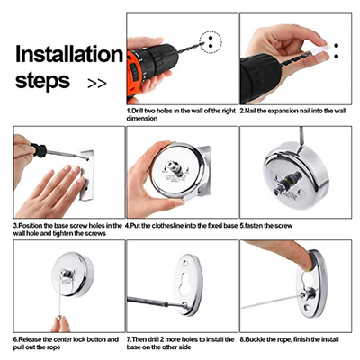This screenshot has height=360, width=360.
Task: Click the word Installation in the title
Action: click(x=69, y=54)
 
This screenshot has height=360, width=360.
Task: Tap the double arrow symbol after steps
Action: click(x=97, y=83)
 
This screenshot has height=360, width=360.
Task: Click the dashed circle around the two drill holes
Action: click(x=211, y=42)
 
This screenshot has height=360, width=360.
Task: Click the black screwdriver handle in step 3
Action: click(x=39, y=150)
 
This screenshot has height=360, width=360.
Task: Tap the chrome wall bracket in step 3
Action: click(x=86, y=175)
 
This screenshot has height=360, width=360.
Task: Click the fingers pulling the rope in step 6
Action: click(x=60, y=323)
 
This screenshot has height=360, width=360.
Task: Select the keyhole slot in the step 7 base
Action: click(x=185, y=283)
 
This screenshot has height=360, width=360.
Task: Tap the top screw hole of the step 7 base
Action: click(x=186, y=262)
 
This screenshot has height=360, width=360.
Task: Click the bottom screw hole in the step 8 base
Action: click(x=306, y=308)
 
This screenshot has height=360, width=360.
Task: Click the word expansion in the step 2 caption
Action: click(x=283, y=111)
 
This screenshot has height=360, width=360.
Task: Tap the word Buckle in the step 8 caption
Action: click(x=255, y=339)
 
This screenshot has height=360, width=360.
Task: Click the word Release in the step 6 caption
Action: click(x=30, y=339)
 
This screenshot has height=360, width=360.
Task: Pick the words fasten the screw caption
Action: click(x=268, y=226)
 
